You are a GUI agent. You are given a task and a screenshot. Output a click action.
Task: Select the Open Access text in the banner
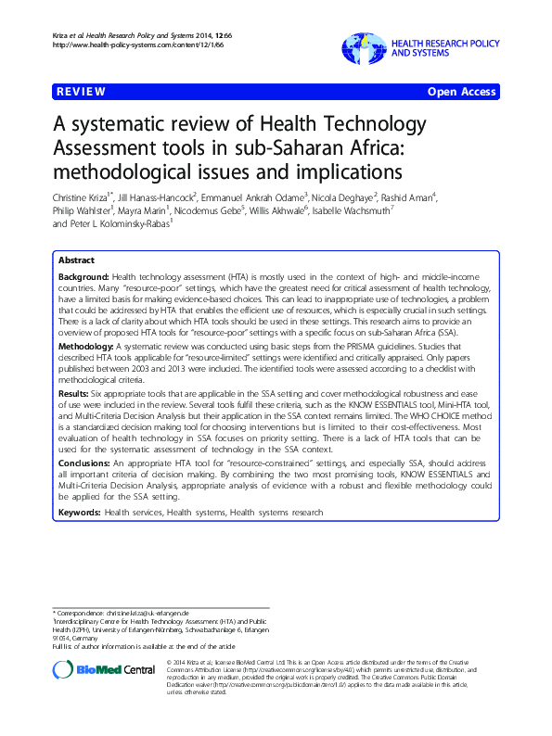(461, 92)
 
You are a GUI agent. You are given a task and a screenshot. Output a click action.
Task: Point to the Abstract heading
(76, 260)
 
